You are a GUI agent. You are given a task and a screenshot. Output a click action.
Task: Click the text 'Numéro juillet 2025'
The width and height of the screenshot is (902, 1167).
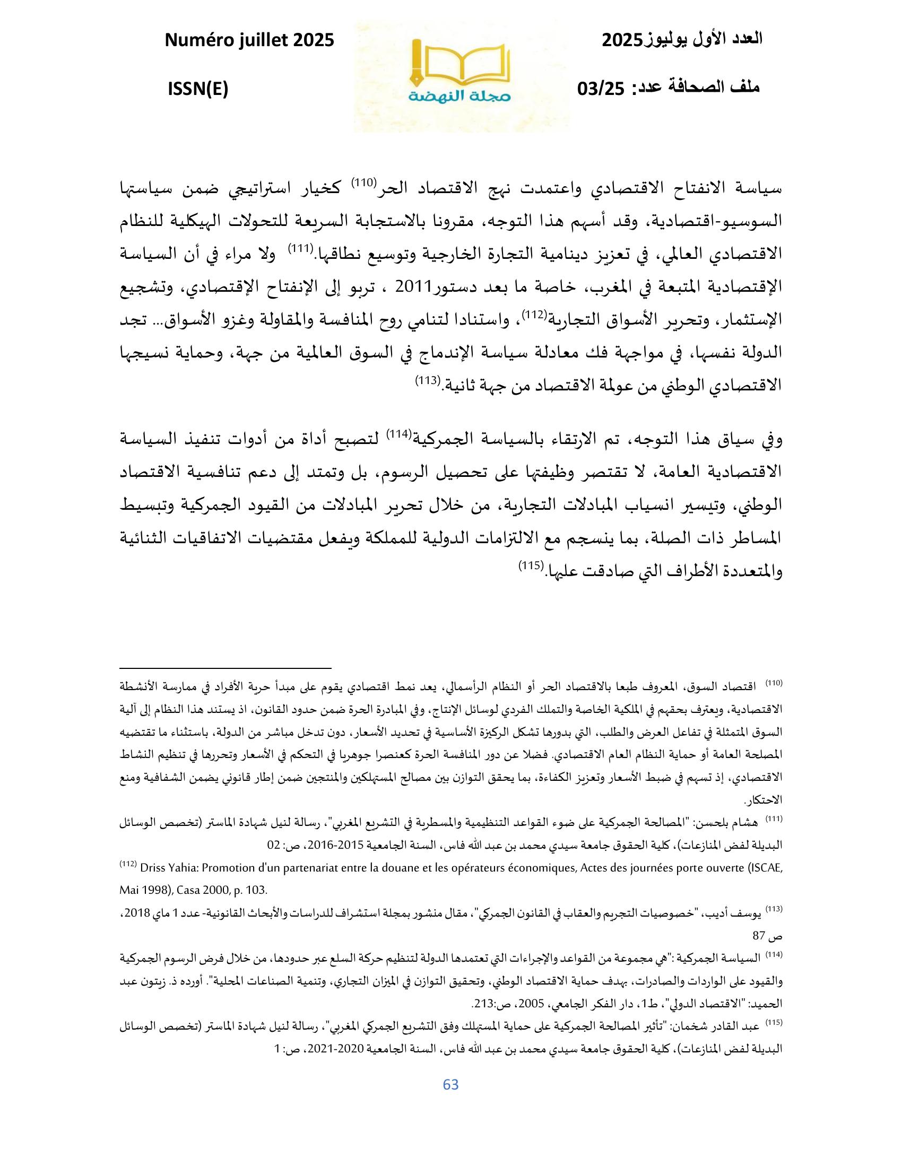coord(249,40)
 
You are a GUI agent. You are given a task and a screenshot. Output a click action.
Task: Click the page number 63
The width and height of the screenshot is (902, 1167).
coord(451,1084)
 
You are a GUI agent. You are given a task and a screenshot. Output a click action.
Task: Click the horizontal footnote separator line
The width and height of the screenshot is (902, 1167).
coord(225,668)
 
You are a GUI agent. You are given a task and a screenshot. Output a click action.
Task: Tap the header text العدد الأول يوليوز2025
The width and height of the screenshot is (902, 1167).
coord(682,40)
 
